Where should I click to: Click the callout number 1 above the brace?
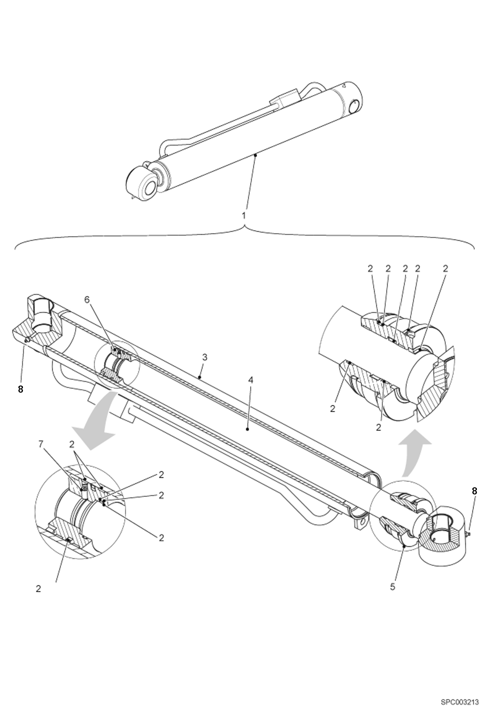[244, 215]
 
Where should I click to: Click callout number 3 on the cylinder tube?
[204, 357]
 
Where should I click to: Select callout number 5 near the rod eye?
[393, 587]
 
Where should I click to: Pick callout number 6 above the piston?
[87, 300]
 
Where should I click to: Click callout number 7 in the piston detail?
[41, 445]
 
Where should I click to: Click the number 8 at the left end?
[20, 389]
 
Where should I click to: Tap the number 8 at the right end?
[474, 491]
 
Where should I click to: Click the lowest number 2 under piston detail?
[38, 589]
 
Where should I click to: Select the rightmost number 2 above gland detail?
[446, 269]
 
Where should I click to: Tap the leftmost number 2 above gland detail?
[370, 269]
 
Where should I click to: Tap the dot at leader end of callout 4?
[247, 429]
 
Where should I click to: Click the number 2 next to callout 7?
[72, 445]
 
